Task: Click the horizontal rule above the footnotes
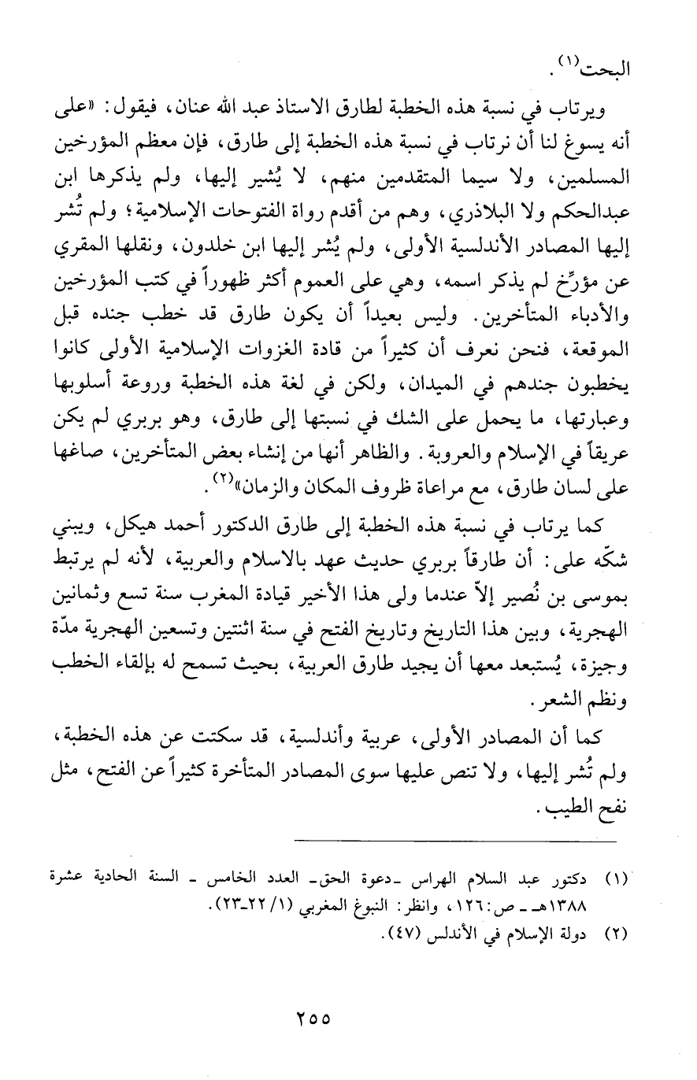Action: click(x=454, y=843)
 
